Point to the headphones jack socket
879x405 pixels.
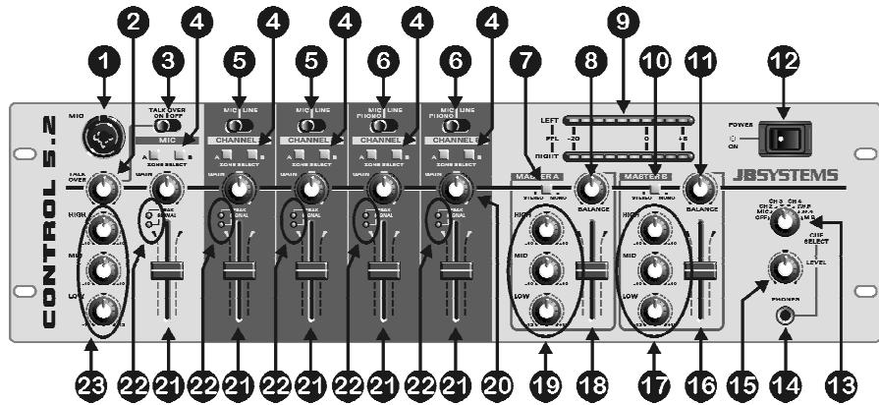(x=785, y=315)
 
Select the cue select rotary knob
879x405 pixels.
(x=783, y=222)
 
